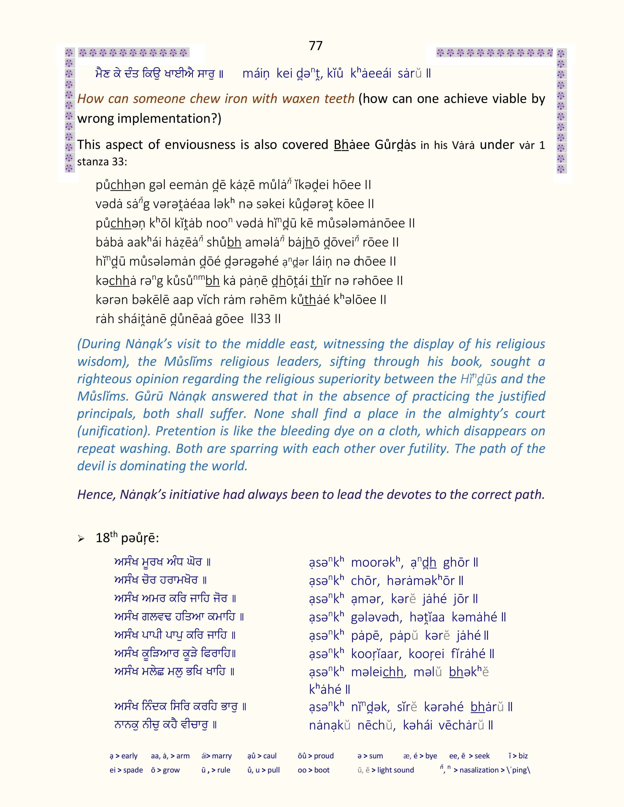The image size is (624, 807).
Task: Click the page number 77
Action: pos(316,45)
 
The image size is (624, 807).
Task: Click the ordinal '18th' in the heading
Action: pos(106,537)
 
